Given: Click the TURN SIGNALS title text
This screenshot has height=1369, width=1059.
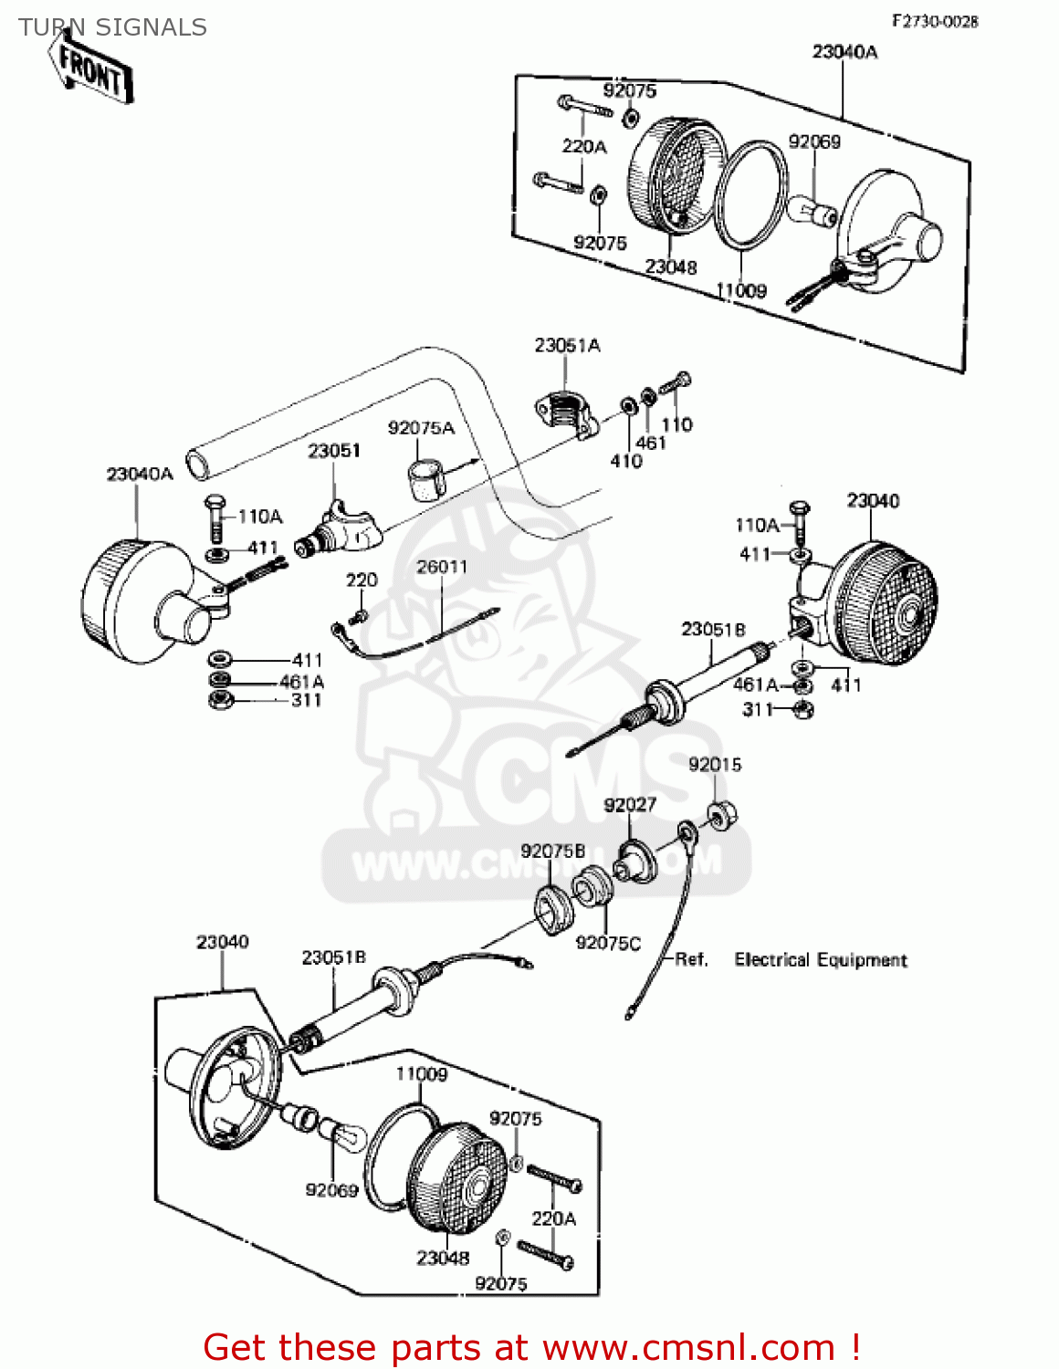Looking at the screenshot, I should point(112,28).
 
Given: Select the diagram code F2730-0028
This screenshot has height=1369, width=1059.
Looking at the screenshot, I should point(934,21).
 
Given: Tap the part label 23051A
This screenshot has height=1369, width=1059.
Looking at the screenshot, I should point(567,345).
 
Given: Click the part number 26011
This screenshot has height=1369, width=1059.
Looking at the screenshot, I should point(442,567).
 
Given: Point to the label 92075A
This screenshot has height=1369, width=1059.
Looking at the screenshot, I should point(421,428).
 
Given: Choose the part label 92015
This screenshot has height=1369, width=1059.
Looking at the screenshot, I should point(715,765).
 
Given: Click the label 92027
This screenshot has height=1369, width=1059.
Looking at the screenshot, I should point(630,804).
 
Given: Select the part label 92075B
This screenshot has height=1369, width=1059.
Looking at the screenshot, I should point(552,851).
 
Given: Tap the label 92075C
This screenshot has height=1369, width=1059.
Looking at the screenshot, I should point(608,943).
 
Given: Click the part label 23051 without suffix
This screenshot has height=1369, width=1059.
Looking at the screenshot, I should point(333,451).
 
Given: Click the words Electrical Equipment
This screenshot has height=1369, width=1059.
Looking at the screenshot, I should point(821,960).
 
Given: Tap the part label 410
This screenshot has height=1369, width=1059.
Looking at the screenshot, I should point(626,461).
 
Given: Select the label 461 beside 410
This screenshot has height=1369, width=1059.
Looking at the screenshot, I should point(651,443).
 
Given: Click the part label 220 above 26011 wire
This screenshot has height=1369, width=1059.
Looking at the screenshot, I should point(362,580).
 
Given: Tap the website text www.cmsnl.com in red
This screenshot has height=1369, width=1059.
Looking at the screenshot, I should point(688,1347).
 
